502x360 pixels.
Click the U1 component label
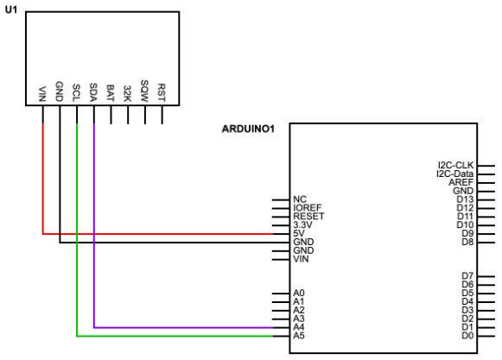[10, 10]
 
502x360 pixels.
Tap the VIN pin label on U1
[42, 92]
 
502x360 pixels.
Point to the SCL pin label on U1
[77, 92]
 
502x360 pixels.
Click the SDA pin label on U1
[93, 92]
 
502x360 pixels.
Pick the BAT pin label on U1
[111, 92]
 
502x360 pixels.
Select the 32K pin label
[128, 92]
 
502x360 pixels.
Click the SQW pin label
[144, 92]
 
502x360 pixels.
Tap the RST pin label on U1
[162, 92]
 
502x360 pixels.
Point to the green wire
[173, 336]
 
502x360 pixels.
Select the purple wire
[173, 327]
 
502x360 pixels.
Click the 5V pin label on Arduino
[300, 233]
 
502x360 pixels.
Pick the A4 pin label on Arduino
[299, 327]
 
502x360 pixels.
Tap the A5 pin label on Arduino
[299, 336]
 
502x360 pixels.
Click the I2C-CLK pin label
[456, 165]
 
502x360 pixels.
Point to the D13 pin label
[465, 199]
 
